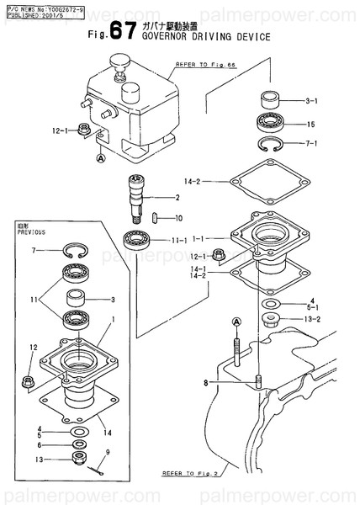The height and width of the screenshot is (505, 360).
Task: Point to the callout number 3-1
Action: tap(310, 102)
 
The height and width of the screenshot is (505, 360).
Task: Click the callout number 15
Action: tap(310, 125)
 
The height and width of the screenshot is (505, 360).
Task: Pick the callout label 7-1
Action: tap(310, 143)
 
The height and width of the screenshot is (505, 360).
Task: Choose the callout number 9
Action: tap(108, 453)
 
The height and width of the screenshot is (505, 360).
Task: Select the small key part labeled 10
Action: tap(156, 217)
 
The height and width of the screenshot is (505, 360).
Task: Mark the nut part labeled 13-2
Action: tap(269, 318)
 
